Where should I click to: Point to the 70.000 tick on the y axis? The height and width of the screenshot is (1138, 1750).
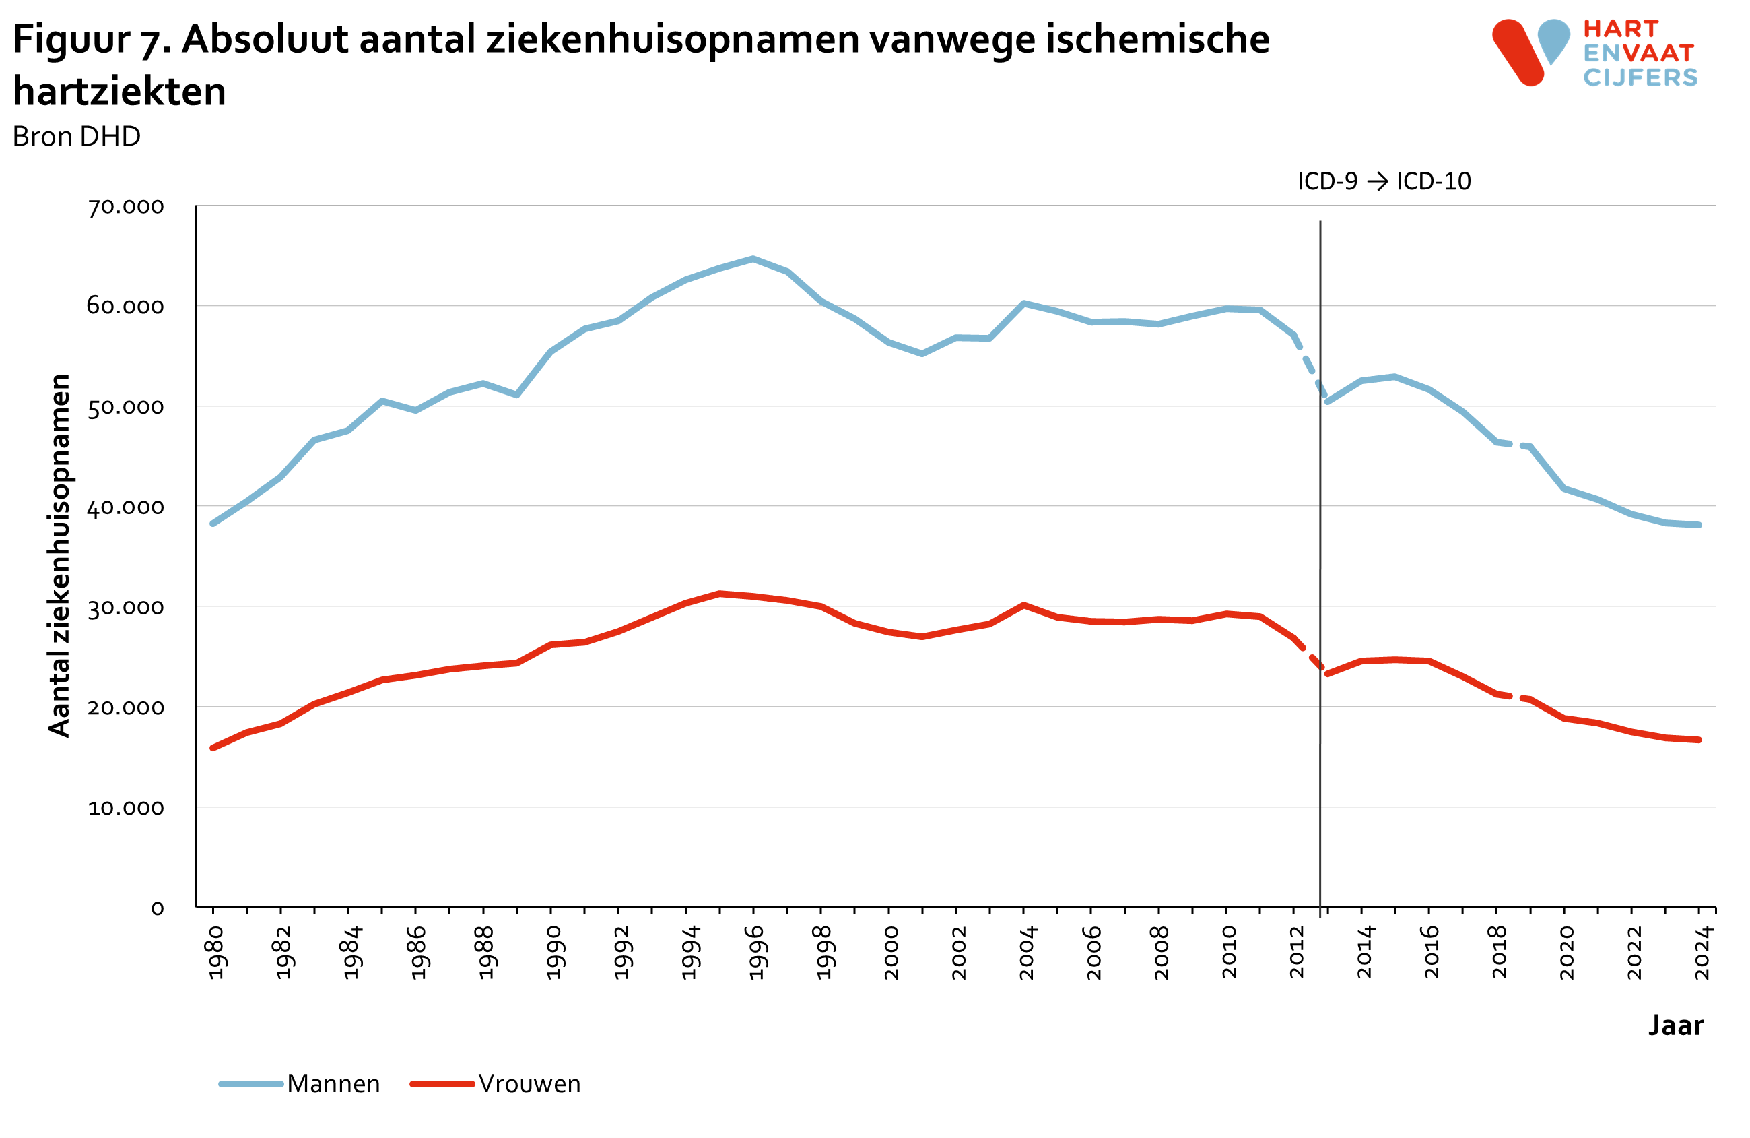[126, 207]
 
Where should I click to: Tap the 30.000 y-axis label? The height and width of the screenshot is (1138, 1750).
[126, 608]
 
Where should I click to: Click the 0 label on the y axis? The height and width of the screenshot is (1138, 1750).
[158, 908]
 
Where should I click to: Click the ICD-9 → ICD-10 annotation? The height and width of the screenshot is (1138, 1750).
[1383, 182]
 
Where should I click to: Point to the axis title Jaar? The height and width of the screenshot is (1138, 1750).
[1676, 1025]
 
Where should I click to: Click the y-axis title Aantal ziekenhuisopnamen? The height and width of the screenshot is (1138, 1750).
[59, 555]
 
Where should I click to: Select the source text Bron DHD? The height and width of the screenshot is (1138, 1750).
[77, 137]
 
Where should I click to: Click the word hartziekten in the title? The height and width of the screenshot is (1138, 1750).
[119, 92]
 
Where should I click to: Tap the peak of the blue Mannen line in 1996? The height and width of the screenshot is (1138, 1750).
[753, 259]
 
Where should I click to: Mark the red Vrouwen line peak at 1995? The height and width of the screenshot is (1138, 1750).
[719, 594]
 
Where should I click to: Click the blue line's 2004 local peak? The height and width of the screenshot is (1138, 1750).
[1023, 303]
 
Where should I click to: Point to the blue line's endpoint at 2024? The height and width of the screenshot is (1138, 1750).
[1699, 526]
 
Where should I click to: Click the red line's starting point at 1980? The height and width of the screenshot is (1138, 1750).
[213, 748]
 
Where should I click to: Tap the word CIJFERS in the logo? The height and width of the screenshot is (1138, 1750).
[1640, 78]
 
